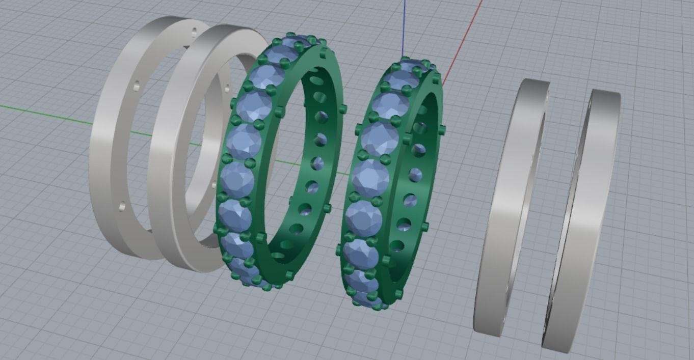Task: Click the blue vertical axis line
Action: pos(404,25)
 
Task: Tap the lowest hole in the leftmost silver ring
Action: pos(122,206)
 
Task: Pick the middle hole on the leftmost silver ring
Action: pos(136,87)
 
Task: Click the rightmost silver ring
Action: pos(586,219)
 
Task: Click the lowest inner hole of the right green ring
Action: pos(397,246)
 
